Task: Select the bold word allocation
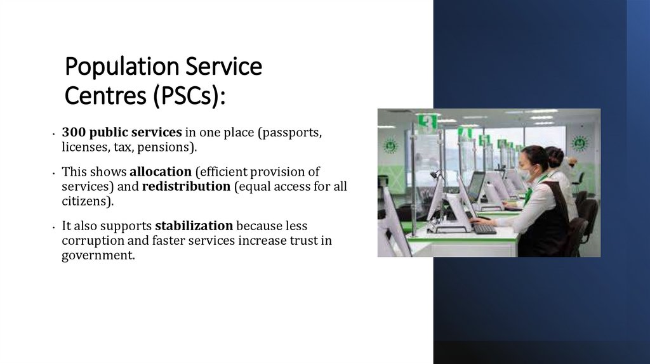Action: (x=160, y=172)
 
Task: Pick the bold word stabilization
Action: (x=194, y=226)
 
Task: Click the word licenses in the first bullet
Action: (x=84, y=147)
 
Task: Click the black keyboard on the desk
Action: (x=484, y=229)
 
